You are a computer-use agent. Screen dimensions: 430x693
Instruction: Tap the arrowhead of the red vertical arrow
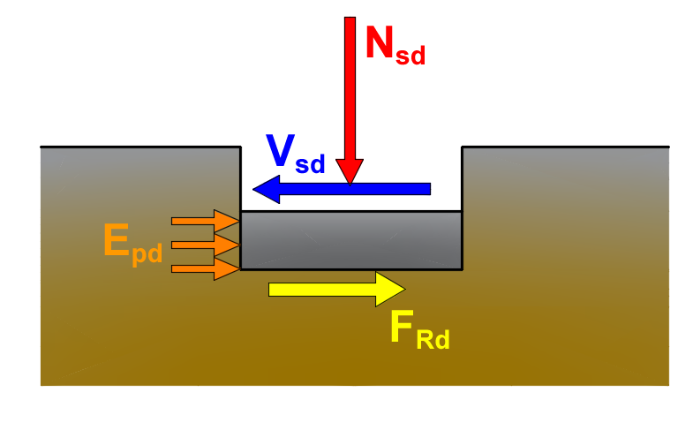pos(350,172)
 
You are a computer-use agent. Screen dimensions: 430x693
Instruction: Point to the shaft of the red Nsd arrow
pos(350,88)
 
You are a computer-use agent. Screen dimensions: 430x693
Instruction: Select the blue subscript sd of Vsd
pos(311,165)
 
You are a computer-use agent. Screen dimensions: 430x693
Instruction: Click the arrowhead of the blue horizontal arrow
pos(265,188)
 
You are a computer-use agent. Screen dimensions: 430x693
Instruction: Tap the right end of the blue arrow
pos(427,188)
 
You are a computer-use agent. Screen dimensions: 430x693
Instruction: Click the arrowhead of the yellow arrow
pos(390,289)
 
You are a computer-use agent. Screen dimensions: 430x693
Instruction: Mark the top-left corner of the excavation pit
pos(241,147)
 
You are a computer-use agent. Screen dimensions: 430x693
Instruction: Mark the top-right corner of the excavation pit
pos(463,147)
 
